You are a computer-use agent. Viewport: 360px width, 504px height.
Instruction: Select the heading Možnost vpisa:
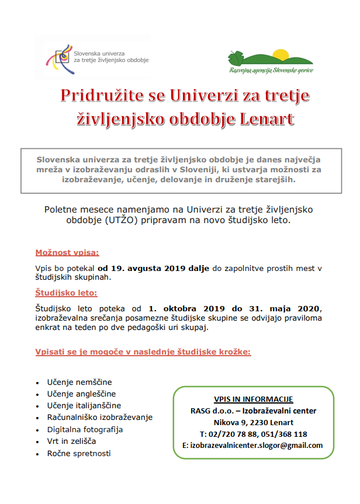67,253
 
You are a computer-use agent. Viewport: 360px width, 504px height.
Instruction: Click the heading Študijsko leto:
66,292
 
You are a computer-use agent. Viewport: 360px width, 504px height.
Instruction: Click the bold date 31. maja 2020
283,308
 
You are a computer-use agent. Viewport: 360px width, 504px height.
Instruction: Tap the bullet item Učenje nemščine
79,382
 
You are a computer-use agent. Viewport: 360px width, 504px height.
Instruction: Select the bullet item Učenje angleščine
81,394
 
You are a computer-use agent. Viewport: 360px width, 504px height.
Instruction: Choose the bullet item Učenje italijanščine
84,405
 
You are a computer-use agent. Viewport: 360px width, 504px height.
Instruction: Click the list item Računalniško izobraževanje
100,417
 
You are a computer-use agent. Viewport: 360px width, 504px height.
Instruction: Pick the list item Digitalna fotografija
85,429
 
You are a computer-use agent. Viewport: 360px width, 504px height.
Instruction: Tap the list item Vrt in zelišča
72,441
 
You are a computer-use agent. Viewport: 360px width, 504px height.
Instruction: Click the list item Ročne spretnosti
79,453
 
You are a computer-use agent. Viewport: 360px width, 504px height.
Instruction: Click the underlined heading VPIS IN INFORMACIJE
253,399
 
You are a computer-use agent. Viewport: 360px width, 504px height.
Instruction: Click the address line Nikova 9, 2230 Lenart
253,422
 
